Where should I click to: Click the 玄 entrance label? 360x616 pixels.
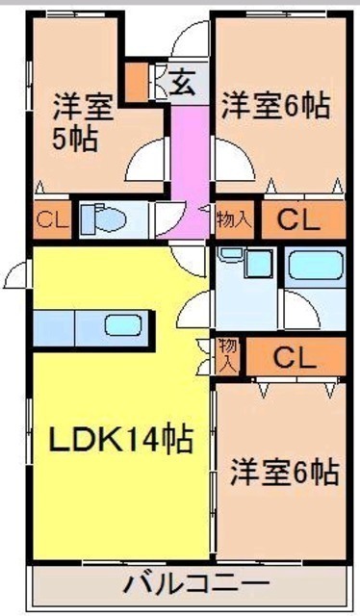(183, 83)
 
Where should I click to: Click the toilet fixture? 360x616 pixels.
(103, 219)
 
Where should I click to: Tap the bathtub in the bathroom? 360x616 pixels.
(316, 265)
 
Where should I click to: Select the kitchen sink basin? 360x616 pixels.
(122, 324)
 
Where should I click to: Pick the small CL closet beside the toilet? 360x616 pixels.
(52, 220)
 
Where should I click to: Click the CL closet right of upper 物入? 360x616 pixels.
(303, 220)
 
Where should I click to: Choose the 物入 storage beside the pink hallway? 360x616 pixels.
(235, 220)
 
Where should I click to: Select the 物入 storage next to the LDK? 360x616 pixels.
(228, 355)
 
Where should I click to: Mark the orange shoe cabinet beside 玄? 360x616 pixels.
(137, 82)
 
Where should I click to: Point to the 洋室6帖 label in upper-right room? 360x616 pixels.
(276, 105)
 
